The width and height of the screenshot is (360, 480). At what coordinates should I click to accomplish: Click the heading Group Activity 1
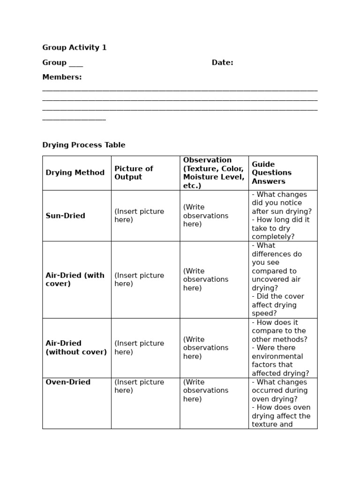point(75,47)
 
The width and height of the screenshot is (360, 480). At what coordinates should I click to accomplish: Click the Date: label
point(222,62)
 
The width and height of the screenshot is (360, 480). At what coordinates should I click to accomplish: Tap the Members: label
point(62,77)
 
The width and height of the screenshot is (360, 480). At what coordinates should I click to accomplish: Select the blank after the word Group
point(75,64)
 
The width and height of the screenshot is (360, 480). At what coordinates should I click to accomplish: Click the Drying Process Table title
point(84,145)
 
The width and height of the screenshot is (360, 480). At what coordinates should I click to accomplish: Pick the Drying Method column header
point(75,172)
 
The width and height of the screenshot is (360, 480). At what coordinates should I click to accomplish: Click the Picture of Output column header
point(134,172)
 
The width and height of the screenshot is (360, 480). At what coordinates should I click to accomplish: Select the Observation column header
point(214,172)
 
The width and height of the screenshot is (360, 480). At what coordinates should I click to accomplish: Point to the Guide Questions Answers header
point(271,172)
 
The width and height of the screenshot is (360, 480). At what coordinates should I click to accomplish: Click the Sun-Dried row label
point(66,216)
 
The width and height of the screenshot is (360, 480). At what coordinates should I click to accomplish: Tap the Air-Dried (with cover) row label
point(75,279)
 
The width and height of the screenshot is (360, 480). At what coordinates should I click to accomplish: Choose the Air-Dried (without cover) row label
point(76,347)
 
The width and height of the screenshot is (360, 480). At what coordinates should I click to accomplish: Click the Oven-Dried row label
point(68,382)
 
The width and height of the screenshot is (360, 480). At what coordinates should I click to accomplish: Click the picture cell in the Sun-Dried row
point(139,216)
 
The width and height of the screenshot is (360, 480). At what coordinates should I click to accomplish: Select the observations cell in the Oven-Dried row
point(206,390)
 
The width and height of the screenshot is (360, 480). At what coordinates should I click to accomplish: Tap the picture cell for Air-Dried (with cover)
point(139,279)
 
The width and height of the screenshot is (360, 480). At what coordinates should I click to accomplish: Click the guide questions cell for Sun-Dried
point(282,216)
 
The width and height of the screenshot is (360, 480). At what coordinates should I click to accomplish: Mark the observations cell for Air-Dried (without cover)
point(206,348)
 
